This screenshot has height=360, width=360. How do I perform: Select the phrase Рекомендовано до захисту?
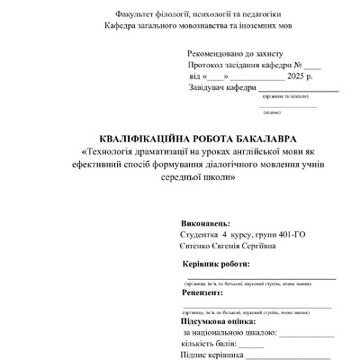click(236, 56)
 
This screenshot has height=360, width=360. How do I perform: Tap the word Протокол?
click(208, 67)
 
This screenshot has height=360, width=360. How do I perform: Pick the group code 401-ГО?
click(287, 234)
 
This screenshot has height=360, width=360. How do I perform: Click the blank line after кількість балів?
click(251, 344)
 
